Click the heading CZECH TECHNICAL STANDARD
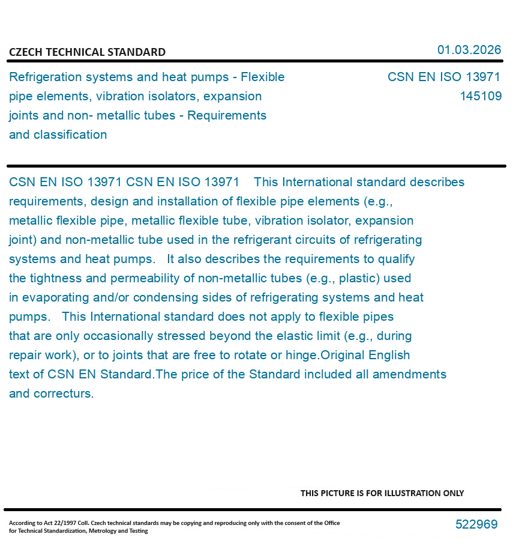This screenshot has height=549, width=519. (87, 52)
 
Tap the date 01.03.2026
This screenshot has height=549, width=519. (469, 50)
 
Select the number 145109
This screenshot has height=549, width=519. (481, 96)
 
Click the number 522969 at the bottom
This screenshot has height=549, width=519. (476, 524)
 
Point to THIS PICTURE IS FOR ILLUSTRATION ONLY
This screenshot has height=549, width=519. (382, 493)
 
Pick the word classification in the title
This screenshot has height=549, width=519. (70, 135)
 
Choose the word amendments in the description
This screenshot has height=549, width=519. (409, 374)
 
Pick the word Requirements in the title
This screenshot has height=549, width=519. (227, 115)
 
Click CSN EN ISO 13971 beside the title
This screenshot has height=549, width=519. (443, 77)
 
